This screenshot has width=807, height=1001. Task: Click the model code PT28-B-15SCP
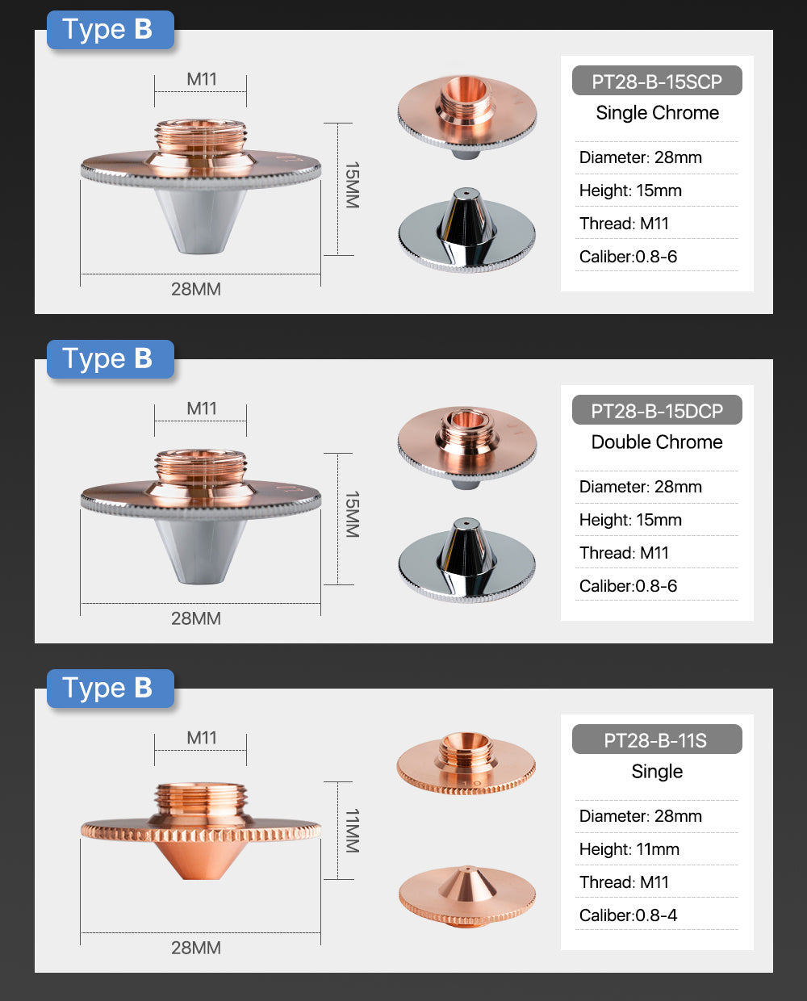click(657, 82)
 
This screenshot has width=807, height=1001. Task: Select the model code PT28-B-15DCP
click(657, 411)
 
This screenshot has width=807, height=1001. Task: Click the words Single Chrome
click(657, 113)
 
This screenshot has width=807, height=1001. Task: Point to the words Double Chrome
click(657, 442)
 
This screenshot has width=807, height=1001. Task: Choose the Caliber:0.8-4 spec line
click(628, 915)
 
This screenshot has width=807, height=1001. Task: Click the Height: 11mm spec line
click(629, 849)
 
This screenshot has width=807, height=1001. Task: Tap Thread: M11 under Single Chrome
click(624, 224)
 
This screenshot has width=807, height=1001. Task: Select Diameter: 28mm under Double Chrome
click(641, 487)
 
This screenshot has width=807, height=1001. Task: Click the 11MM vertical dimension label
click(352, 831)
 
